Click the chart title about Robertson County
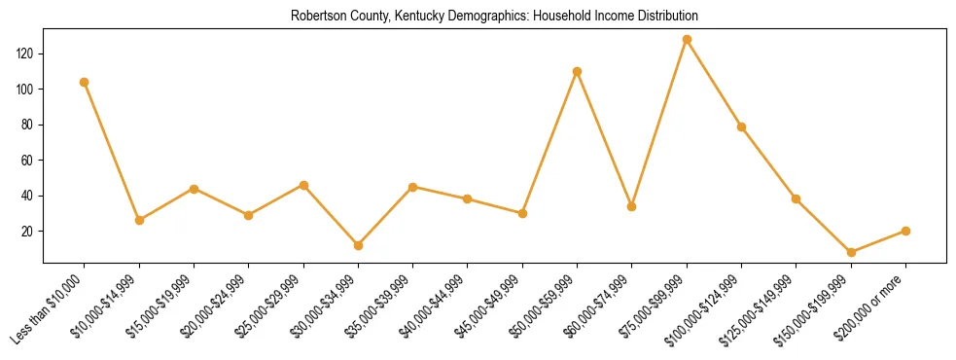click(494, 17)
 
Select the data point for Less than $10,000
click(85, 82)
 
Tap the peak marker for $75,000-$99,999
click(687, 40)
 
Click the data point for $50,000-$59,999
click(578, 71)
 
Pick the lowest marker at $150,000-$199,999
click(851, 252)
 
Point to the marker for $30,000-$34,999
click(358, 245)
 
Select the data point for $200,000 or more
click(905, 231)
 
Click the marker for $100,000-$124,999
click(742, 126)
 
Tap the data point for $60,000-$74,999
click(632, 206)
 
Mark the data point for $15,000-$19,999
click(195, 189)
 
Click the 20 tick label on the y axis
click(30, 232)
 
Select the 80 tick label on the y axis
click(30, 125)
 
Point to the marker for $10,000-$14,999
click(139, 220)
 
